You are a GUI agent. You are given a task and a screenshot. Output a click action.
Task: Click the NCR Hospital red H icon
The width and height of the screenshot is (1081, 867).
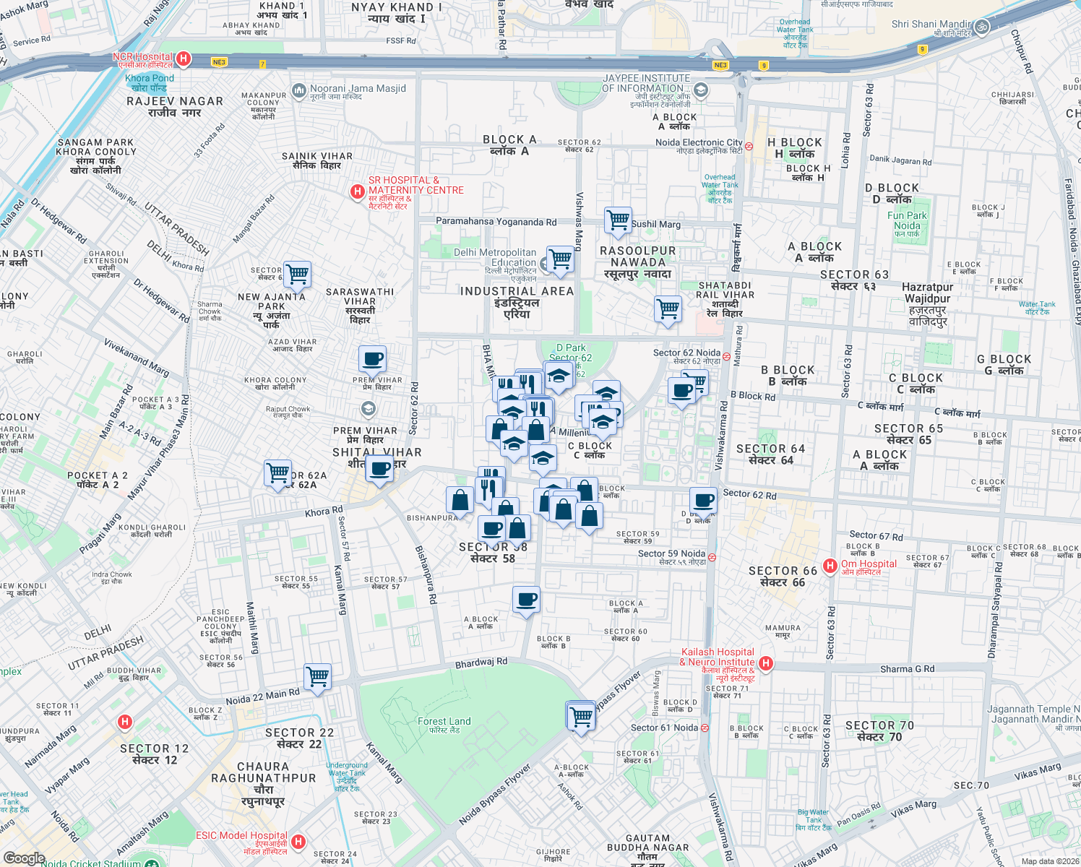tap(184, 59)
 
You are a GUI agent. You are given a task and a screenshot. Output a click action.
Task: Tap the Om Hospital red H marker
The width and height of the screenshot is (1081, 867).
tap(830, 566)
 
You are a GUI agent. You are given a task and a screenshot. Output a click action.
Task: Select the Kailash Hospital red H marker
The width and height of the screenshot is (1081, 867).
tap(766, 663)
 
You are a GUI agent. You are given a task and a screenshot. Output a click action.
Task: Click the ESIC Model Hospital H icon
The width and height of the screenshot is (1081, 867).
tap(298, 842)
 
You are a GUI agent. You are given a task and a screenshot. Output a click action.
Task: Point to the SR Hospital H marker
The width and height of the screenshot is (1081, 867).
tap(356, 191)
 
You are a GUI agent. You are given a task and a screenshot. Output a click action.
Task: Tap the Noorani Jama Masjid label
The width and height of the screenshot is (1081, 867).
tap(358, 89)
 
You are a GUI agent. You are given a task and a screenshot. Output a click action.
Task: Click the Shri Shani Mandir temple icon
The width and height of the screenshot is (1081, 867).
tap(981, 27)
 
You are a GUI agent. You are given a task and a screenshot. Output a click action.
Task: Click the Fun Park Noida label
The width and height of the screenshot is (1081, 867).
tap(907, 220)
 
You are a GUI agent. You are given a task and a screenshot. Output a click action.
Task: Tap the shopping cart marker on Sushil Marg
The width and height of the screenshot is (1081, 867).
tap(618, 220)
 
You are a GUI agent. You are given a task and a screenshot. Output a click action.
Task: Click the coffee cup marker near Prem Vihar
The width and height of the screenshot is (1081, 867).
tap(372, 358)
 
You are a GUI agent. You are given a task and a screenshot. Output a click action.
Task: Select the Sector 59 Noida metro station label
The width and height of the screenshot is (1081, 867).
tap(671, 553)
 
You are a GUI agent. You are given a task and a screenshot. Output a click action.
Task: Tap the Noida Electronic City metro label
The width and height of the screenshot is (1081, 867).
tap(699, 142)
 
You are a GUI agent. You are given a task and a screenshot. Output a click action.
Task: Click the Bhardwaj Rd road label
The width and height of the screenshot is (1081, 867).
tap(481, 663)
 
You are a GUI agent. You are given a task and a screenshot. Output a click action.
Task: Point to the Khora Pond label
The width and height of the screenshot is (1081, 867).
tap(150, 78)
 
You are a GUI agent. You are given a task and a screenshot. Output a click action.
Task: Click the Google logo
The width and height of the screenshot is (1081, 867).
tap(24, 858)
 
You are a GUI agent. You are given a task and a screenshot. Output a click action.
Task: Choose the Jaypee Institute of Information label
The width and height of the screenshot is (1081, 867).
tap(646, 83)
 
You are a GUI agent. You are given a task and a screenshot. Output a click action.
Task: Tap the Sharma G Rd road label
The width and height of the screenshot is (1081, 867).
tap(907, 669)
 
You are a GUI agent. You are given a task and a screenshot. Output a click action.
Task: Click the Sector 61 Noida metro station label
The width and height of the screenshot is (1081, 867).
tap(664, 728)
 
